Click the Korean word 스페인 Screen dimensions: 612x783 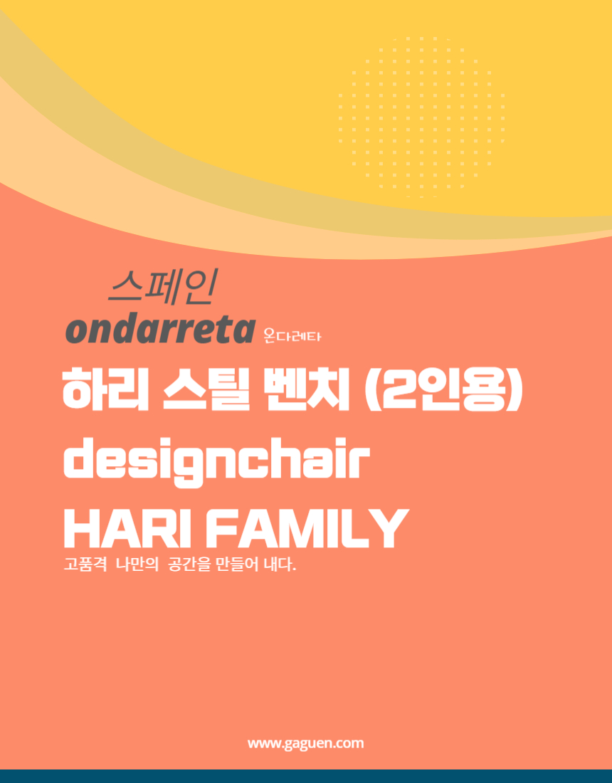(x=163, y=288)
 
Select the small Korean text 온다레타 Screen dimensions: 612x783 (x=292, y=336)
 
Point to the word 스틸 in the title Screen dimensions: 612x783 (x=206, y=389)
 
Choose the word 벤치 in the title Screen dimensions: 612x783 (x=306, y=389)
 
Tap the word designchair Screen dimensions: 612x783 (x=216, y=463)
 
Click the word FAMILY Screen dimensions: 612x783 (x=307, y=529)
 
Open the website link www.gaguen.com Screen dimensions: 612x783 (x=305, y=744)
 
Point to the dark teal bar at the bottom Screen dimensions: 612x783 (x=306, y=777)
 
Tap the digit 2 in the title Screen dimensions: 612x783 (x=396, y=389)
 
